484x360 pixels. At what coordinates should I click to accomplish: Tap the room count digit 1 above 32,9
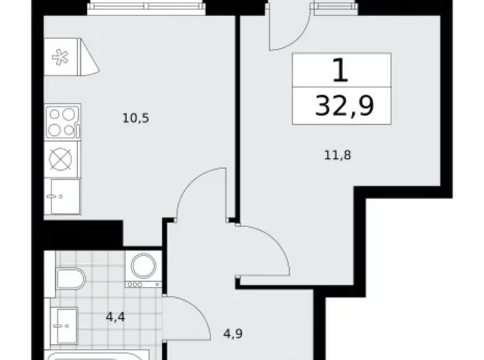coord(341,70)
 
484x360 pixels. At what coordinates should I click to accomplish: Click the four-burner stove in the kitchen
coord(62,122)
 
